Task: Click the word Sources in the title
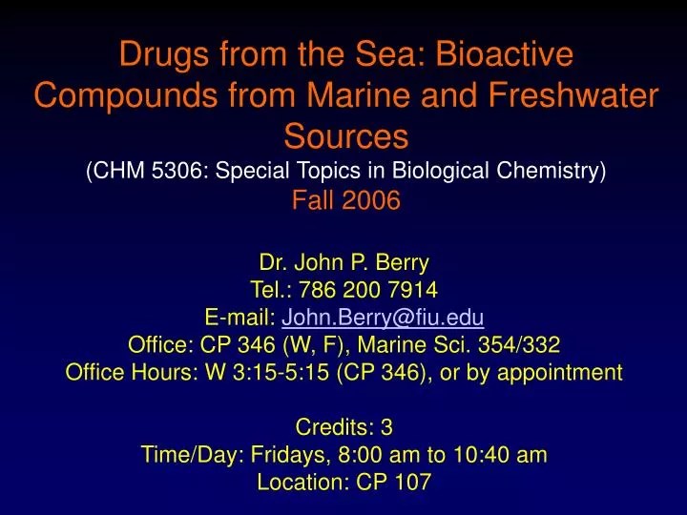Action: tap(343, 137)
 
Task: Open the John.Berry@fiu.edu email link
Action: tap(384, 318)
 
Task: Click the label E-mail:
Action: tap(240, 318)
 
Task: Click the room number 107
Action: tap(413, 483)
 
